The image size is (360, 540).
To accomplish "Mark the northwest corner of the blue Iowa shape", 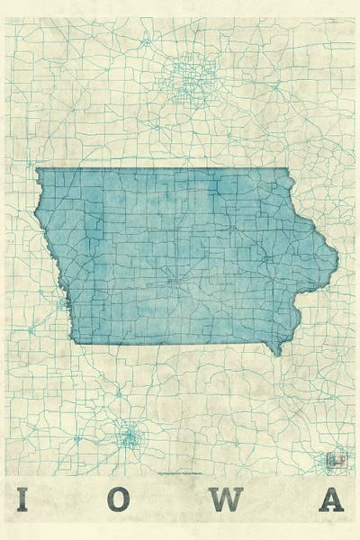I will click(37, 169).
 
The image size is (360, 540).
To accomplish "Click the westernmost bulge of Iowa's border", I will click(36, 216).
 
